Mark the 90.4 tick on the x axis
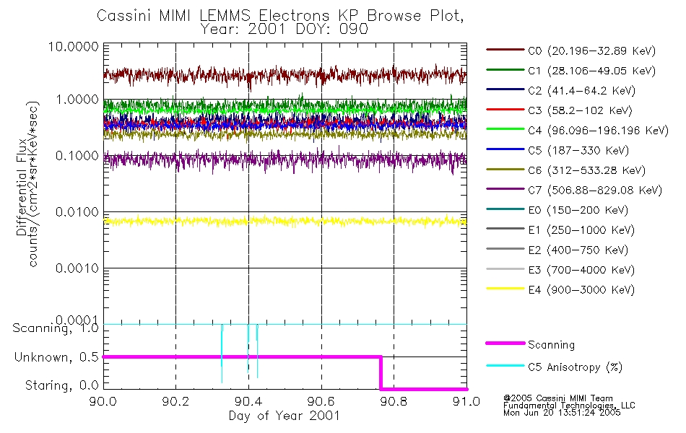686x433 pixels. coord(248,403)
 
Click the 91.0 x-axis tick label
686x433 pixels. coord(466,403)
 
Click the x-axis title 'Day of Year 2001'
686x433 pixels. coord(284,416)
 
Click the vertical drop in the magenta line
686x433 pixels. coord(381,372)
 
